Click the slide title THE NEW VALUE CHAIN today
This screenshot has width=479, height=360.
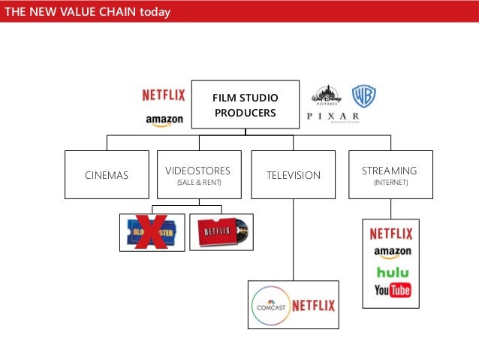coord(87,12)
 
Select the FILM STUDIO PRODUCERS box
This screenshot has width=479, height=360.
coord(245,104)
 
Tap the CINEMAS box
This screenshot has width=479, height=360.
coord(106,175)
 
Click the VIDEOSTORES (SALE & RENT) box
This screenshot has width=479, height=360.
coord(198,175)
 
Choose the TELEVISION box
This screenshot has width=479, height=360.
coord(293,175)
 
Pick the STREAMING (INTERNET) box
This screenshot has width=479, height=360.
coord(390,175)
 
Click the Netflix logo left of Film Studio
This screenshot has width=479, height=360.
coord(164,95)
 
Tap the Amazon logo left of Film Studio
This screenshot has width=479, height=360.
coord(164,120)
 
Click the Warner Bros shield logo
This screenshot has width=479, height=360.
coord(364,96)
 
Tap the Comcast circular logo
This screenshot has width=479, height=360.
coord(270,306)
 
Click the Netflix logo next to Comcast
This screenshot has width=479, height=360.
coord(313,306)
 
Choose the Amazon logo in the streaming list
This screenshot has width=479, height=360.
coord(391,253)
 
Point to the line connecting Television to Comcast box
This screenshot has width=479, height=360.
coord(293,241)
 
